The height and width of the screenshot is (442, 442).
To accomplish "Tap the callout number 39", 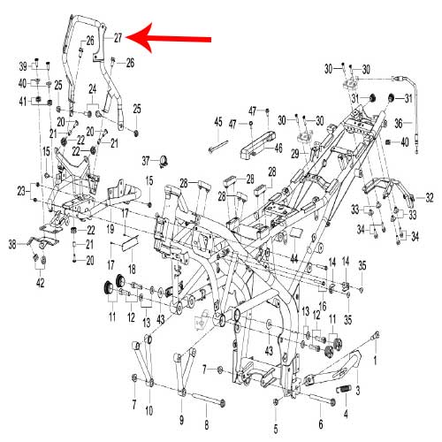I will point(23,67).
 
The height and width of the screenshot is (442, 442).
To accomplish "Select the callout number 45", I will point(217,120).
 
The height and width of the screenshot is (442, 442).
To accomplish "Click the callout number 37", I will point(147,160).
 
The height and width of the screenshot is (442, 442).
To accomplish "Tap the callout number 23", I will point(22,190).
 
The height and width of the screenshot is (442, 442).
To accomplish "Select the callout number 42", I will point(40,283).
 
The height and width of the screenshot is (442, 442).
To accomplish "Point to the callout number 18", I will point(132,268).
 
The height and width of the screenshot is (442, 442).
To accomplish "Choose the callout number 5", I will point(276,428).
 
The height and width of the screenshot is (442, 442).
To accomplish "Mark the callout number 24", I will point(92,88).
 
